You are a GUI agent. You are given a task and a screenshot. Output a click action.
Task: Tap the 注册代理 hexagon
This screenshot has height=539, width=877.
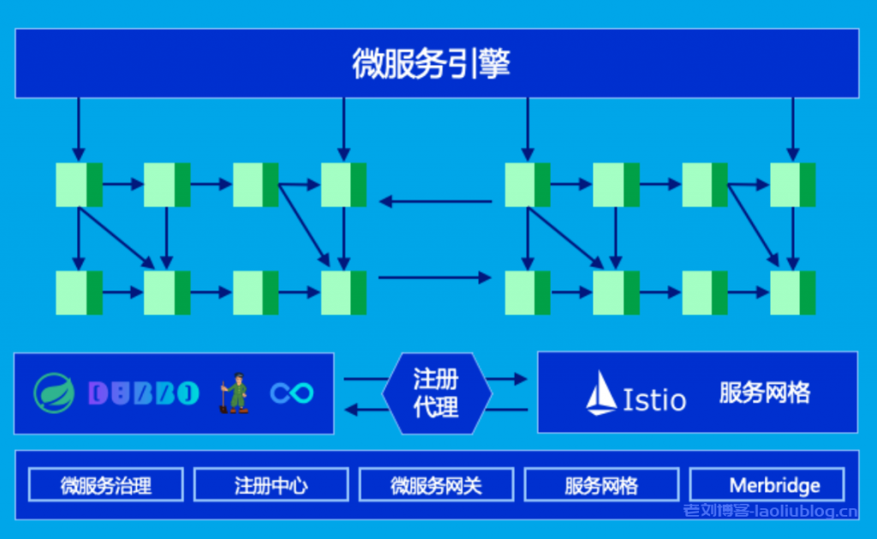(436, 392)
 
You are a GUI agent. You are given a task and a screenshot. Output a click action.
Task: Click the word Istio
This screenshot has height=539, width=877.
(654, 399)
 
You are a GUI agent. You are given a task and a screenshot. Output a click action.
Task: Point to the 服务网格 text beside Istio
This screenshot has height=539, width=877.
(764, 393)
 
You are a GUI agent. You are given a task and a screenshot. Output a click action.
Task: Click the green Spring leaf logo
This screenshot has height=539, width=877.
(54, 393)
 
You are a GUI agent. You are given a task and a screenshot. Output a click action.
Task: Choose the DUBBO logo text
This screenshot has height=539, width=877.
(143, 393)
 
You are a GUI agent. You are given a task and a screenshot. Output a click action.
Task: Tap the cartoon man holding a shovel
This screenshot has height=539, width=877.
(234, 392)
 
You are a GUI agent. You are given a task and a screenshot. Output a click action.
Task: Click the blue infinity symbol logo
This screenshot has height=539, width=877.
(292, 393)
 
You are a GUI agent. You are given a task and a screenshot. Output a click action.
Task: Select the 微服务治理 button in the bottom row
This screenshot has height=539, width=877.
(106, 485)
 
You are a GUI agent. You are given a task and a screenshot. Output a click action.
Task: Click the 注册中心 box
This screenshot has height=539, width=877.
(271, 485)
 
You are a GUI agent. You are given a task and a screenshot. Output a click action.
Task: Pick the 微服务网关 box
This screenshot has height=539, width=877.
(436, 485)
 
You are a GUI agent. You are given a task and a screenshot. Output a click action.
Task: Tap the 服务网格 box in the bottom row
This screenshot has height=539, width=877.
(601, 485)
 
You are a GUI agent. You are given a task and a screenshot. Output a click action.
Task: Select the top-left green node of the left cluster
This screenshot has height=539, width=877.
(79, 184)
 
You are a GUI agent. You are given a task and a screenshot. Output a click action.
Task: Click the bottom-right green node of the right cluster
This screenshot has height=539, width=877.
(792, 292)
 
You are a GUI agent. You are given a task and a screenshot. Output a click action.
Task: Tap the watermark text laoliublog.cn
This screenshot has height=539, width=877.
(770, 512)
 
